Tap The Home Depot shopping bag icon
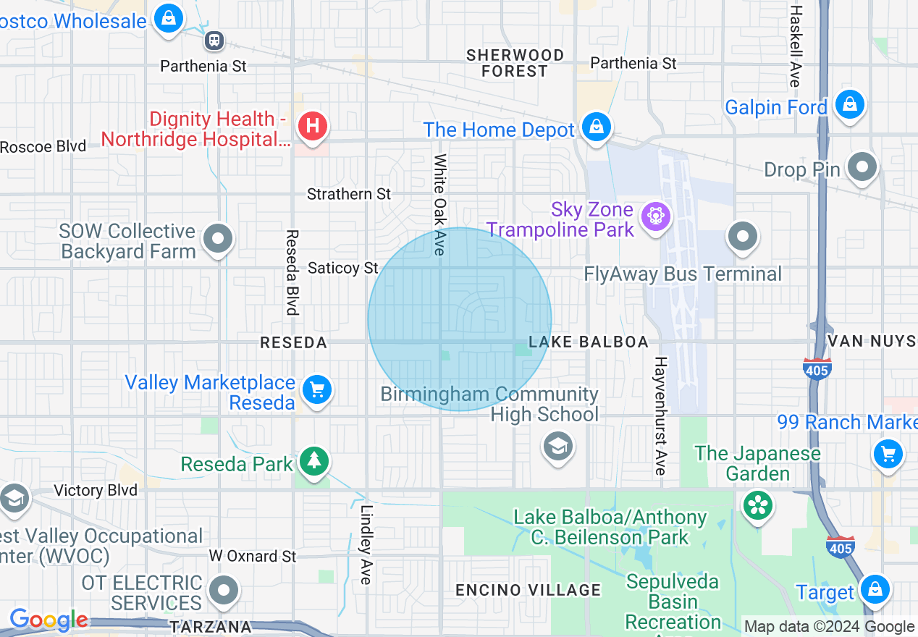(596, 127)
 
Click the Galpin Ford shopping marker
(849, 104)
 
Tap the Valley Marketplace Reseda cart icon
(316, 390)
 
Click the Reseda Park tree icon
(313, 460)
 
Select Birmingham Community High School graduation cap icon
(557, 446)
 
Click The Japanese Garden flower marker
(758, 505)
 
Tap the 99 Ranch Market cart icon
(888, 455)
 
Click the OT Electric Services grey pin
(223, 591)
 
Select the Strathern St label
(349, 194)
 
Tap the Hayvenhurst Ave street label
(660, 415)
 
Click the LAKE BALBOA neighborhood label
(588, 342)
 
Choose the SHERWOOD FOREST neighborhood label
(515, 63)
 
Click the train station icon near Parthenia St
(214, 40)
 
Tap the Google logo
(49, 620)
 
